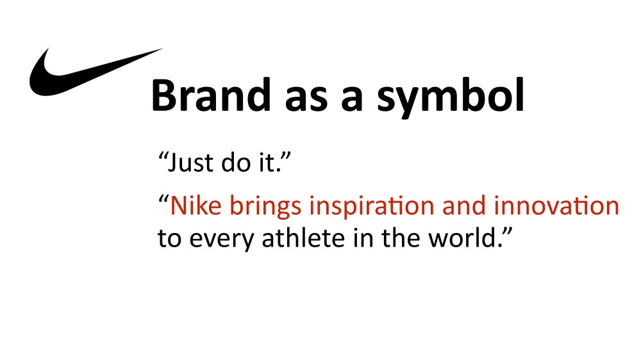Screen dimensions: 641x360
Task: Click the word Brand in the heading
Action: (x=211, y=95)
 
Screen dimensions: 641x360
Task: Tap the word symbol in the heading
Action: (x=451, y=98)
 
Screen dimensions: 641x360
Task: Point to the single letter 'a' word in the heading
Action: (x=352, y=99)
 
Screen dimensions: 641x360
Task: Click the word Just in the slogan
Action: (x=190, y=162)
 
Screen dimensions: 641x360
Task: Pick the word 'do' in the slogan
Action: (x=236, y=162)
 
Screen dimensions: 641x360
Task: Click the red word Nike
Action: (x=196, y=205)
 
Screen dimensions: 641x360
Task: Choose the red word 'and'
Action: (x=463, y=205)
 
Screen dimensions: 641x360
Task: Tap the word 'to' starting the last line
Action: (x=169, y=239)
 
